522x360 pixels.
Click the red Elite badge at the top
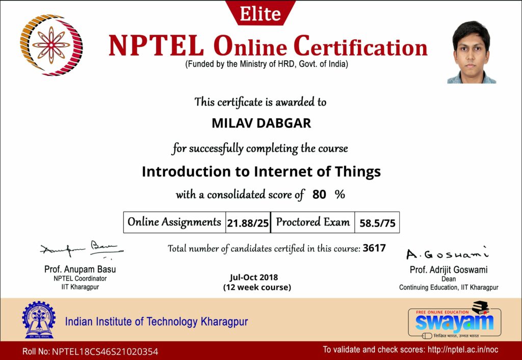pos(260,13)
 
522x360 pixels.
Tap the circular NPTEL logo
pos(51,45)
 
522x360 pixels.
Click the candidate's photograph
pos(472,52)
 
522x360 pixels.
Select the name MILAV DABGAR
pos(262,123)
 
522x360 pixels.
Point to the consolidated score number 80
pos(319,194)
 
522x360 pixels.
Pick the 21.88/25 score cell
pos(248,223)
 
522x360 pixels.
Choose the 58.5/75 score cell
pos(377,223)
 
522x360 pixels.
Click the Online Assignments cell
pos(174,222)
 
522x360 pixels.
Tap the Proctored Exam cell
pos(313,222)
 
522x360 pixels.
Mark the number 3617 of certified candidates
pos(374,248)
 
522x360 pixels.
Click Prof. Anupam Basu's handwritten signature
pos(82,249)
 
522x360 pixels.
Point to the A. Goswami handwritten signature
pos(448,254)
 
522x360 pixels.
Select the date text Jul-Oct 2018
pos(254,277)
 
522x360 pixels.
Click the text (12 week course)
pos(257,287)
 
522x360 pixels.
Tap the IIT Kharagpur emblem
pos(39,320)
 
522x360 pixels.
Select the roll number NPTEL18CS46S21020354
pos(105,351)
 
